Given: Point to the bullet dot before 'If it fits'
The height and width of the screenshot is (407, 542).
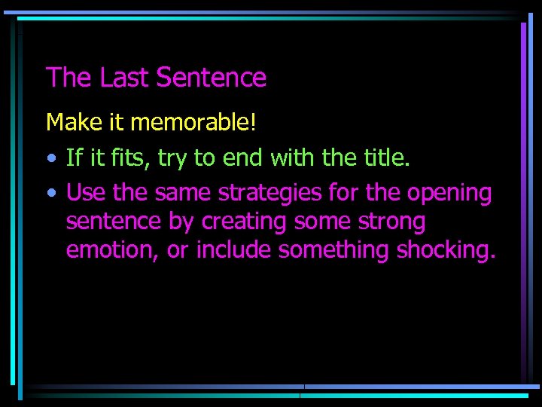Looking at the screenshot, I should click(x=50, y=158).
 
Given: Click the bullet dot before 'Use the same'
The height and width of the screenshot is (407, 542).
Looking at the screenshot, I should click(x=50, y=194).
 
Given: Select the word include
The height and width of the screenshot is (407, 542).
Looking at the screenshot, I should click(x=234, y=250).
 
